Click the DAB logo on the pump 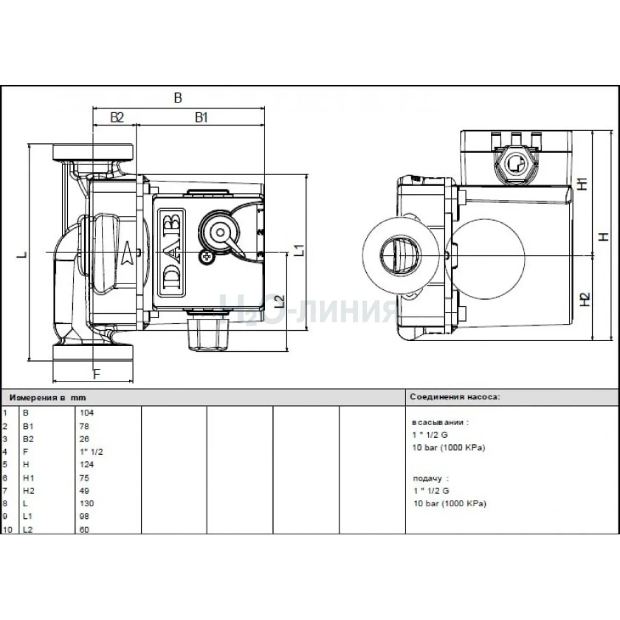171,252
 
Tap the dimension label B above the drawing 178,98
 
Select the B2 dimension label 117,117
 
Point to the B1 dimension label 202,118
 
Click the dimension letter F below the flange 97,374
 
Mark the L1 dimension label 299,250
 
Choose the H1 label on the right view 583,184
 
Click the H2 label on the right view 584,299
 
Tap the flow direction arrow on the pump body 127,253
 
